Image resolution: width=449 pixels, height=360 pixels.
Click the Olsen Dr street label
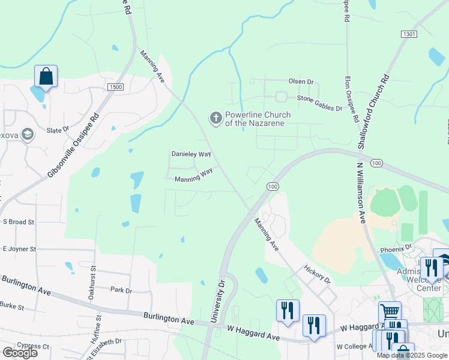coord(301,81)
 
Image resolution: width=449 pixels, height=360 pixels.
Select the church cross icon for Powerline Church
coord(215,118)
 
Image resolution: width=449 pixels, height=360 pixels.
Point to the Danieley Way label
coord(191,154)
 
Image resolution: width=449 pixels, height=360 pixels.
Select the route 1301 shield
coord(409,35)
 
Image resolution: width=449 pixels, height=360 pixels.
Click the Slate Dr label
coord(58,129)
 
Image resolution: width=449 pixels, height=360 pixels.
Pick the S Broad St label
coord(18,222)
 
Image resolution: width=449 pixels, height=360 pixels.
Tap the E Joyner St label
coord(19,248)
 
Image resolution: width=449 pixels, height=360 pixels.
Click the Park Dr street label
coord(121,290)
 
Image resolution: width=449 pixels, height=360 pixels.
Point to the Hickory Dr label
coord(317,274)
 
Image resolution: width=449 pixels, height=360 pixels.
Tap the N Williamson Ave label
coord(361,192)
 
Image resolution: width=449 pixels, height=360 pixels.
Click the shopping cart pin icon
coord(390,311)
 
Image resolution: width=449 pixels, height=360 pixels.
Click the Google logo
coord(20,352)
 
